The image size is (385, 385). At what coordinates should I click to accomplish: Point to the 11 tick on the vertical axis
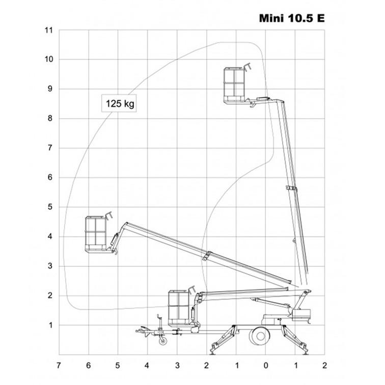tap(49, 31)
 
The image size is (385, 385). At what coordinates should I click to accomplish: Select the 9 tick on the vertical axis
tap(50, 89)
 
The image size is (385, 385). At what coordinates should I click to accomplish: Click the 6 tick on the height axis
tap(50, 178)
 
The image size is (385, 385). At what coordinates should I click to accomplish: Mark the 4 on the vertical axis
tap(50, 237)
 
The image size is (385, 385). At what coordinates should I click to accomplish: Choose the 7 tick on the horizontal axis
tap(59, 366)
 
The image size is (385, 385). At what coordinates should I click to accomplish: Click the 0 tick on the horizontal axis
tap(266, 366)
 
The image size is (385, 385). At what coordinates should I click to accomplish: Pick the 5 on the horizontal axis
tap(118, 366)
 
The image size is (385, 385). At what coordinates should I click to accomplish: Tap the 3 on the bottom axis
tap(177, 366)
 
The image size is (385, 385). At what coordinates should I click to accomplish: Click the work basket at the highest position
tap(235, 84)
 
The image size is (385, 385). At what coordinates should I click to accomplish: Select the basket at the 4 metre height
tap(98, 234)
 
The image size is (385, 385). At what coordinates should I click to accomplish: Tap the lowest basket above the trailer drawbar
tap(181, 307)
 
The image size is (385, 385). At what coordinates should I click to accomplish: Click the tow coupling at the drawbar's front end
tap(139, 332)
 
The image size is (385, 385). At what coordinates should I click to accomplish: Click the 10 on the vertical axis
tap(49, 60)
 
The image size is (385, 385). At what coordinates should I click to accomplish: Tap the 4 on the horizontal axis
tap(148, 366)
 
